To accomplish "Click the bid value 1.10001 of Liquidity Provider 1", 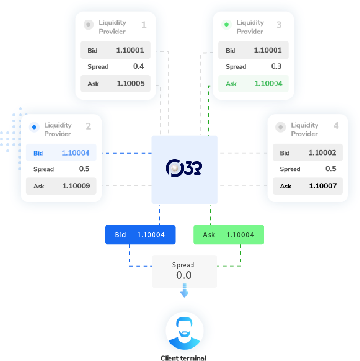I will click(130, 50).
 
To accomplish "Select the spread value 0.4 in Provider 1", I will click(138, 66).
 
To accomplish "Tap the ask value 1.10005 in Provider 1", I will click(130, 84).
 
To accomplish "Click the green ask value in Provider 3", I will click(268, 83).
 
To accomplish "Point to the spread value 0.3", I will click(276, 66).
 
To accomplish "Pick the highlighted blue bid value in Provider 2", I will click(76, 153).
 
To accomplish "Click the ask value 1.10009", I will click(76, 186).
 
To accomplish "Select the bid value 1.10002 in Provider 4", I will click(322, 153).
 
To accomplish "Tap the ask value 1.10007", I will click(322, 186).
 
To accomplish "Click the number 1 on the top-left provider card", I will click(144, 25).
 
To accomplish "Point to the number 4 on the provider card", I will click(336, 126).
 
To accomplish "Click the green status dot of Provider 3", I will click(226, 24).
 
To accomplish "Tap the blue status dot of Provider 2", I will click(34, 127).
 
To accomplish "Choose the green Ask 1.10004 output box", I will click(229, 235).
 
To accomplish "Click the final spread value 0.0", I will click(184, 275).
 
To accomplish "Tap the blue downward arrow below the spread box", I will click(184, 292).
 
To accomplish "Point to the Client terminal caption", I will click(183, 358).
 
